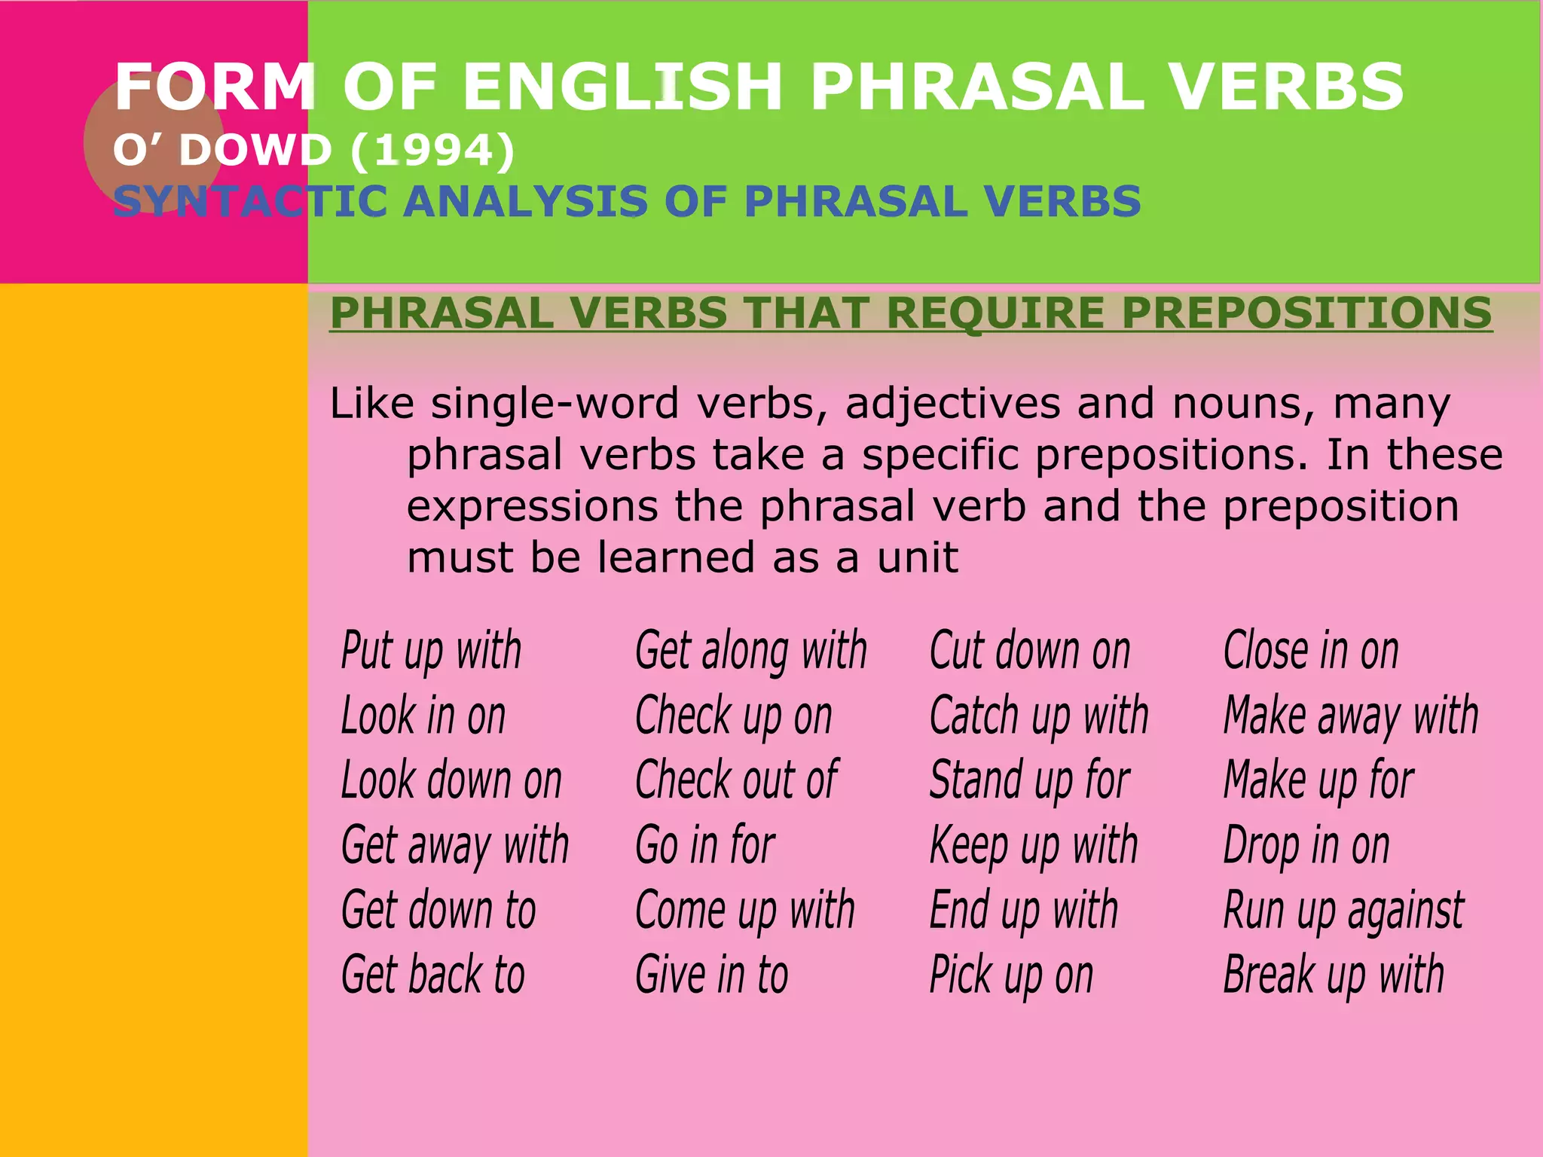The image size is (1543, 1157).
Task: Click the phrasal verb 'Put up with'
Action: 431,650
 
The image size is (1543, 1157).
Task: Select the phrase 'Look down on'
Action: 451,780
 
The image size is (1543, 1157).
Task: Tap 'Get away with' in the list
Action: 454,845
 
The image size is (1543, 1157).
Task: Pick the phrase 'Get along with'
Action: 751,650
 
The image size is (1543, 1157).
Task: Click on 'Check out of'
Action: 736,780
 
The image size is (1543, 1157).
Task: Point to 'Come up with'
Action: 745,910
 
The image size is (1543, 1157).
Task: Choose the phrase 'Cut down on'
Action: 1030,650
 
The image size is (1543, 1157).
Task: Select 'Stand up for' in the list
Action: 1030,780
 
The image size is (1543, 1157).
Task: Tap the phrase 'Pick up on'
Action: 1011,975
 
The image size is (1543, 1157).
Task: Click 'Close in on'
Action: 1311,650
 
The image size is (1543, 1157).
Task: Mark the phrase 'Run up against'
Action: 1343,910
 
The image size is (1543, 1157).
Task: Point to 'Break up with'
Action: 1334,975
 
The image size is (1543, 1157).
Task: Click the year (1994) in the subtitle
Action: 433,150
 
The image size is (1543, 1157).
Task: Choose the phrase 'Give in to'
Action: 712,975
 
